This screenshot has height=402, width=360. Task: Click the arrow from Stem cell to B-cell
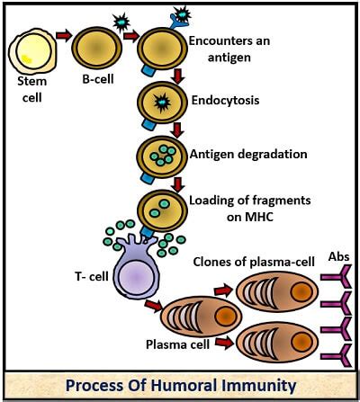coord(64,37)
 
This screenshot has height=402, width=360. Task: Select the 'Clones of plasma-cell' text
coord(255,262)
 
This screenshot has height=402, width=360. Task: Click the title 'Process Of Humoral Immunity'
coord(180,385)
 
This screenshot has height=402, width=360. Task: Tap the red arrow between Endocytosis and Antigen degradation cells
coord(178,125)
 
